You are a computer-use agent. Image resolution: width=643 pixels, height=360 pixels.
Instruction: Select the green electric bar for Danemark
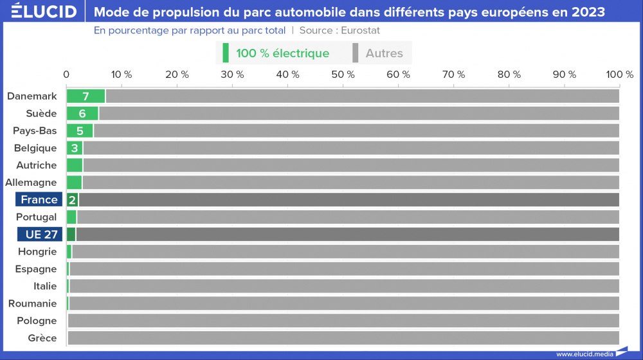click(86, 96)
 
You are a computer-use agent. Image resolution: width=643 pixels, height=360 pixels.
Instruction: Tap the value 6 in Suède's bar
click(82, 114)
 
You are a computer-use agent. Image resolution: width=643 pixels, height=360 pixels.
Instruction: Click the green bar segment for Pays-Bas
click(80, 131)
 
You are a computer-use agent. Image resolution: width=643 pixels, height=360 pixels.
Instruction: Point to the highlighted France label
click(39, 199)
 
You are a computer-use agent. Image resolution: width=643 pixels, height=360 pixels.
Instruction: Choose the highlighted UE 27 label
click(39, 234)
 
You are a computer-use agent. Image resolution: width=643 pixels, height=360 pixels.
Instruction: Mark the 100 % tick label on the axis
click(619, 75)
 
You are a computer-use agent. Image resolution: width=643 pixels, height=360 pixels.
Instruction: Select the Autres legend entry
click(384, 53)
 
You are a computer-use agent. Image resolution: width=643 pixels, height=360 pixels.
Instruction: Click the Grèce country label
click(42, 338)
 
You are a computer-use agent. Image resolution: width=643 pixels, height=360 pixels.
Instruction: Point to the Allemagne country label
click(31, 183)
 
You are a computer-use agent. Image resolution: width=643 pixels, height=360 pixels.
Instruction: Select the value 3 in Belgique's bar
click(75, 148)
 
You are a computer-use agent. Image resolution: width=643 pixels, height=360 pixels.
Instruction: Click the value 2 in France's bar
click(72, 200)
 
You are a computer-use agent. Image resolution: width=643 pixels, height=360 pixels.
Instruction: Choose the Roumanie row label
click(32, 303)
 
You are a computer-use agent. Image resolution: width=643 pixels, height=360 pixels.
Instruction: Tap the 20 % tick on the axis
click(177, 75)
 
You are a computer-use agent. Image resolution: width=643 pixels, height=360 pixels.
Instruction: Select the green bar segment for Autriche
click(75, 165)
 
